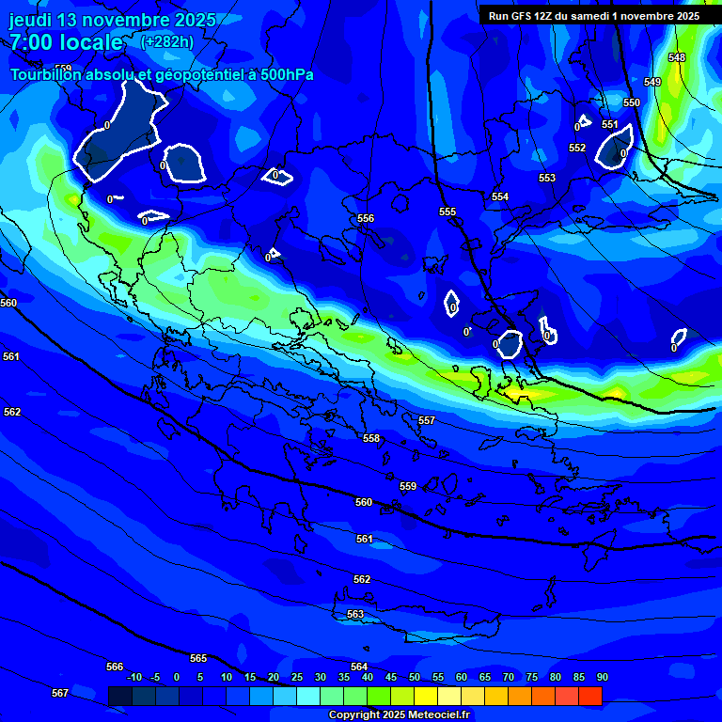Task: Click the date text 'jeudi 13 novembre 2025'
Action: tap(113, 20)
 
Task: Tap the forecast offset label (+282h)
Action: tap(168, 41)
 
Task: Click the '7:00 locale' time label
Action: tap(66, 42)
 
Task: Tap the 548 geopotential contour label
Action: tap(677, 58)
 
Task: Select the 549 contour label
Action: tap(652, 83)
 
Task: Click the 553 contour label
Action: tap(547, 178)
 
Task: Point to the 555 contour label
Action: tap(447, 212)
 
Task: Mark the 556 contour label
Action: tap(366, 218)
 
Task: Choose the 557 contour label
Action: tap(427, 420)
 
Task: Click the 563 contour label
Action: tap(355, 614)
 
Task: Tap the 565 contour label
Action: tap(198, 658)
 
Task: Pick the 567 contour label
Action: tap(60, 693)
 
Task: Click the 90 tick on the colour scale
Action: tap(602, 677)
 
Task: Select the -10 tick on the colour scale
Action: tap(133, 677)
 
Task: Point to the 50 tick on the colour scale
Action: tap(414, 677)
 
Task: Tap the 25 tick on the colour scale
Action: tap(296, 677)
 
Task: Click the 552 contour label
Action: tap(577, 148)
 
